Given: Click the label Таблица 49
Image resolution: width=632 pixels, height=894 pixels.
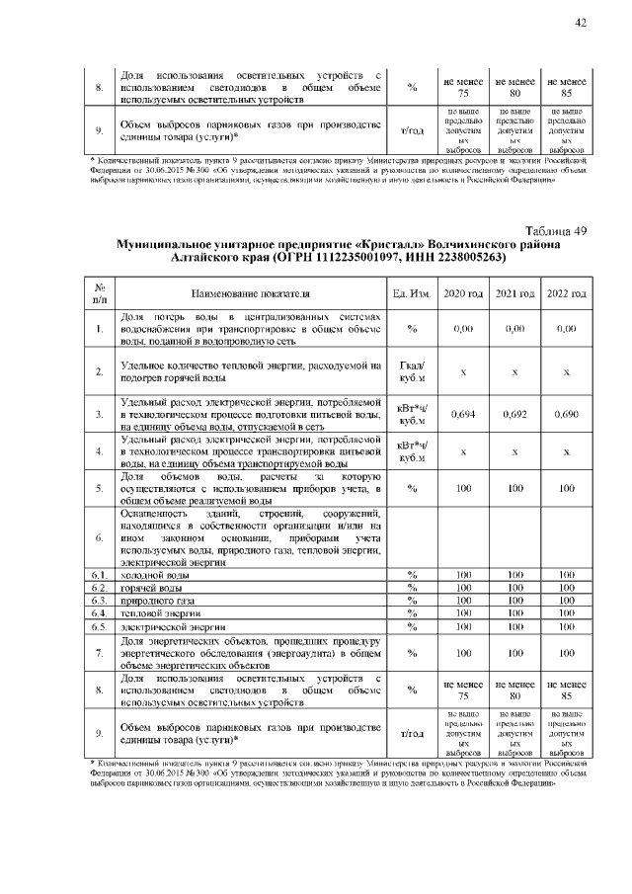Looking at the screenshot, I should tap(555, 230).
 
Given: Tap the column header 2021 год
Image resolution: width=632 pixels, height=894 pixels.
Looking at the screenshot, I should tap(514, 293).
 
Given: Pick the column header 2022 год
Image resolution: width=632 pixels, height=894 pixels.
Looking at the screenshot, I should tap(566, 293).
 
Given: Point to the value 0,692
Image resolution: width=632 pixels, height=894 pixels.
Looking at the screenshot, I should tap(514, 414).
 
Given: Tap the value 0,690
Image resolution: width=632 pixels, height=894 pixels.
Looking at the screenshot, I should tap(566, 414).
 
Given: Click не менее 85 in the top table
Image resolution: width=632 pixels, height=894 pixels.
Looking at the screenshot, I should tap(566, 88).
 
